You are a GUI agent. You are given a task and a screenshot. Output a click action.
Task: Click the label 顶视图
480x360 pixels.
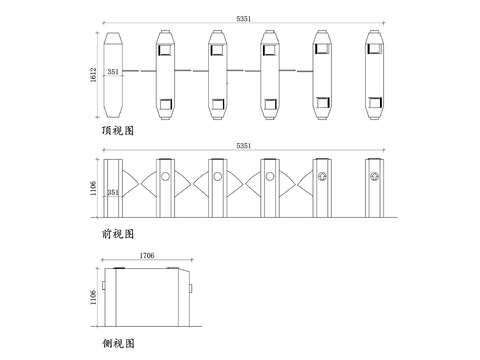[x=118, y=130]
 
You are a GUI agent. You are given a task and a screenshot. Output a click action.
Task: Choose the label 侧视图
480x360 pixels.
[x=118, y=343]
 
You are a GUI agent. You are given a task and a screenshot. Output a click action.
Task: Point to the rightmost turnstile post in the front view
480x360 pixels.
[x=375, y=186]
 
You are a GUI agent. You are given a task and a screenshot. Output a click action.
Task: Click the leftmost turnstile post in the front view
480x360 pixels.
[x=113, y=186]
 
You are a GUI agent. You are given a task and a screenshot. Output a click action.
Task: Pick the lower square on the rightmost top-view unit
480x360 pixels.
[x=374, y=102]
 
